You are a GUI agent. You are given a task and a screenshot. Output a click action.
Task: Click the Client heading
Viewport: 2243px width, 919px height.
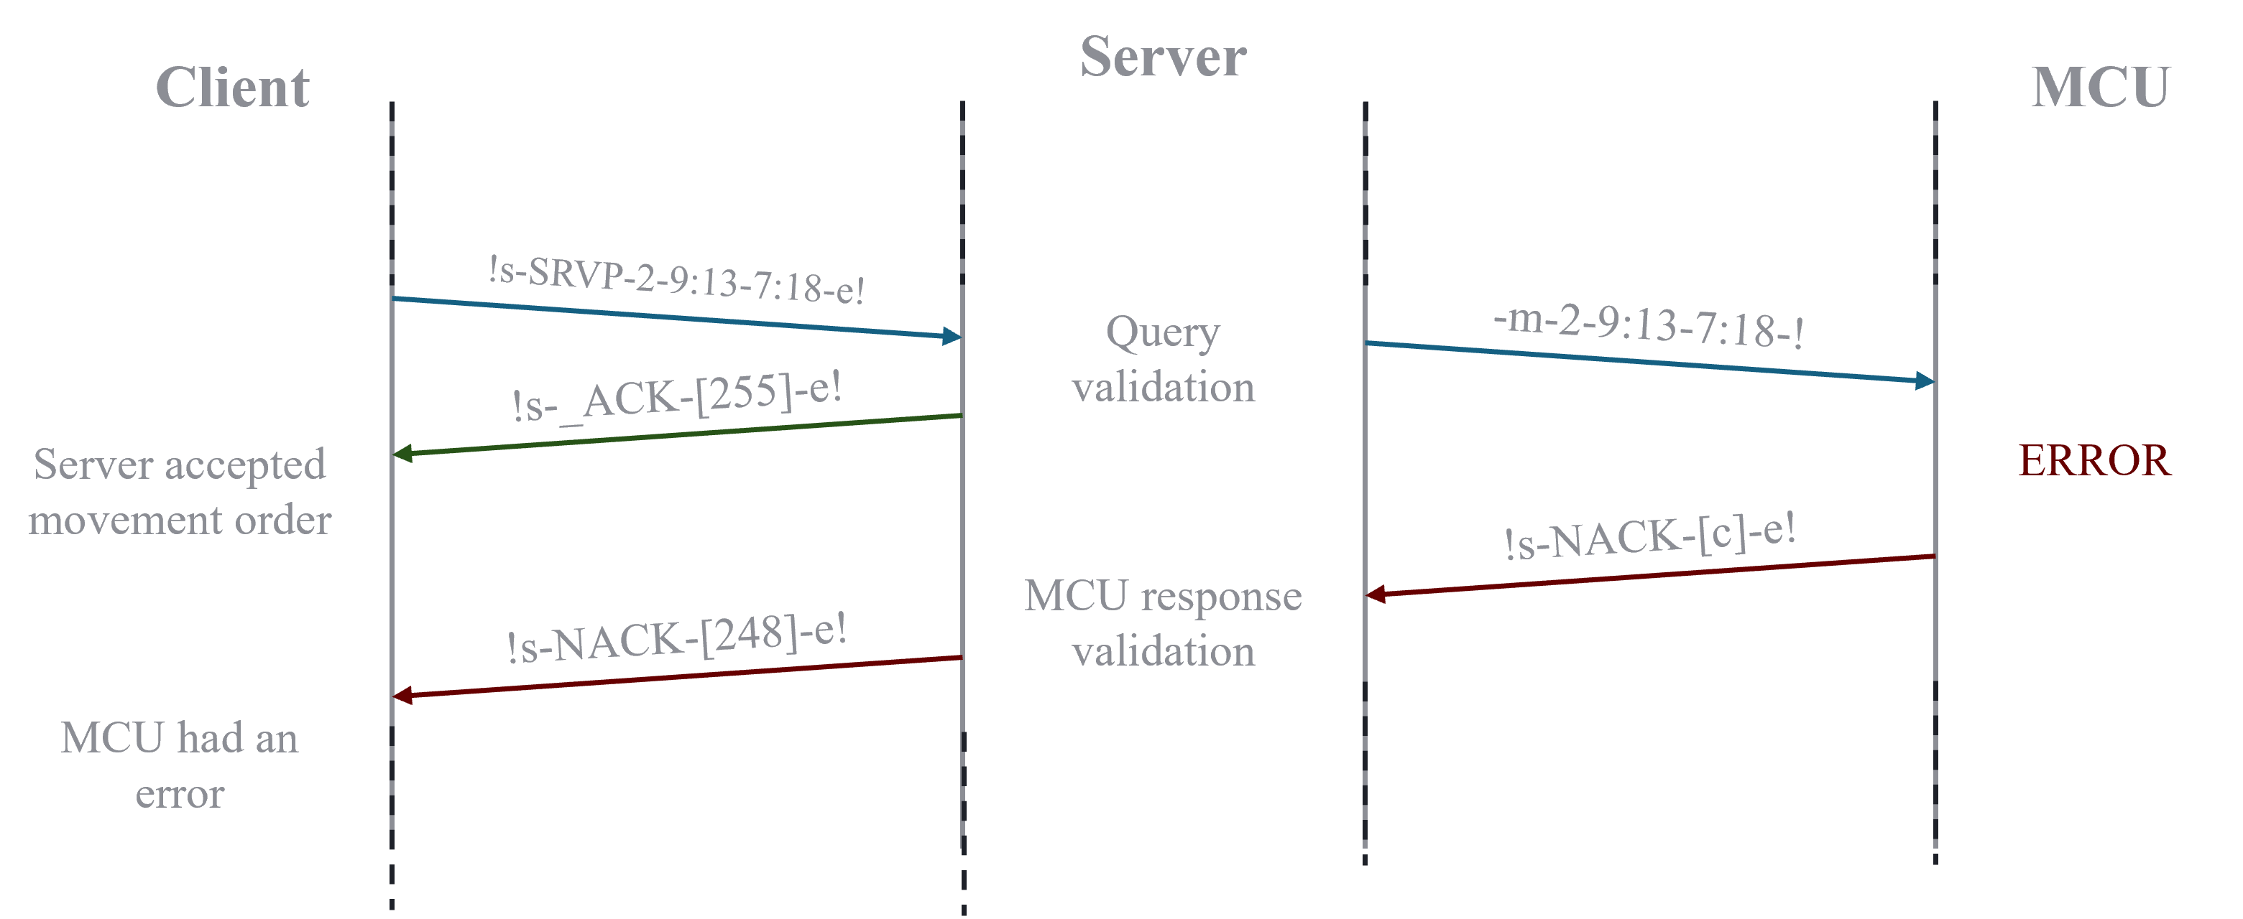[232, 87]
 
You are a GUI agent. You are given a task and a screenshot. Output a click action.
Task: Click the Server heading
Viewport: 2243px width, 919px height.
[1164, 57]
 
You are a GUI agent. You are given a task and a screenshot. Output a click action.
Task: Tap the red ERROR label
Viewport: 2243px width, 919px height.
[2095, 460]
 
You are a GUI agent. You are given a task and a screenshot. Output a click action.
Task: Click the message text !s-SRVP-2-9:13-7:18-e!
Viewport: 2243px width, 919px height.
[676, 279]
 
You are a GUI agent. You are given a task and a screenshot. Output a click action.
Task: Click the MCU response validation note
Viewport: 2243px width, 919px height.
[1164, 623]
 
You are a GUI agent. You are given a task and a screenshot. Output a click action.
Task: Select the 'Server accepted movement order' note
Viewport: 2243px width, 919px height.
[180, 492]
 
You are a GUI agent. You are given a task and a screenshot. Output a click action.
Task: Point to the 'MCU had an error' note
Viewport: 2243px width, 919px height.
[180, 765]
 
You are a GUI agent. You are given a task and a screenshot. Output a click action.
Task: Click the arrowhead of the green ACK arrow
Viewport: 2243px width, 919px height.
[402, 454]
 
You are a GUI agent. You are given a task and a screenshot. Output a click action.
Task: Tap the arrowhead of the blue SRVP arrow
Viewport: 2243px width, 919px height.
[952, 336]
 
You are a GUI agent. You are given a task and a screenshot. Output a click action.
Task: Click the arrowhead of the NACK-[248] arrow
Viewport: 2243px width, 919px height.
[402, 695]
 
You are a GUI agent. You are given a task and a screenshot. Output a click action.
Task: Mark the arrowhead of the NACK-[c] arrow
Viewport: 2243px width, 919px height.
[1376, 594]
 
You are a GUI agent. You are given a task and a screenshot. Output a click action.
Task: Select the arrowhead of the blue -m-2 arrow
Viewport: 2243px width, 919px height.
[1925, 381]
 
